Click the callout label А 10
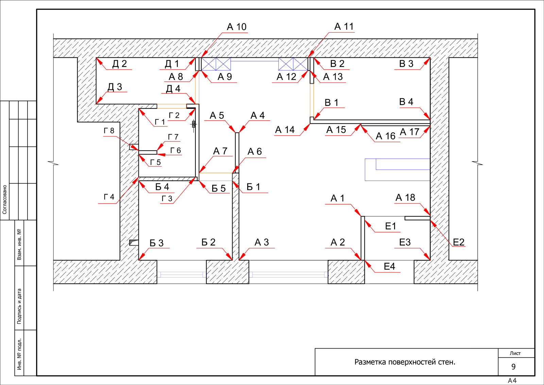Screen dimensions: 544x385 (x=237, y=27)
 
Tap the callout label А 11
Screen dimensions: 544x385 (x=344, y=27)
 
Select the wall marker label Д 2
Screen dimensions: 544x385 (x=119, y=64)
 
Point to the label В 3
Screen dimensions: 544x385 (x=406, y=64)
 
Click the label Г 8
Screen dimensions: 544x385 (x=109, y=131)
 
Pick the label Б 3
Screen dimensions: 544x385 (x=156, y=243)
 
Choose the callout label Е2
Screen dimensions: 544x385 (x=459, y=242)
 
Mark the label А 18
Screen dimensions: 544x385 (x=405, y=198)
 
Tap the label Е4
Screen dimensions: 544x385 (x=389, y=266)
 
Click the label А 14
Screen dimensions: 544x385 (x=285, y=130)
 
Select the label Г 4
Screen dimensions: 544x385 (x=109, y=197)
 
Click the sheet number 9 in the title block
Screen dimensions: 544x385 (x=513, y=367)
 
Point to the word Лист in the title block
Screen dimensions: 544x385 (x=515, y=353)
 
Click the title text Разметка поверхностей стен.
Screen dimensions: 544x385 (x=405, y=362)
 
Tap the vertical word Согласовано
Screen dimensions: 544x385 (x=5, y=200)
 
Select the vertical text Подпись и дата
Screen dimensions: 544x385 (x=19, y=306)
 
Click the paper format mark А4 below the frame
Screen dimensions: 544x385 (x=512, y=381)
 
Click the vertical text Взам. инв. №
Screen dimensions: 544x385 (x=19, y=244)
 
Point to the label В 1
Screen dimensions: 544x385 (x=331, y=102)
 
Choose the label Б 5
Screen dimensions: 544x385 (x=218, y=188)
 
